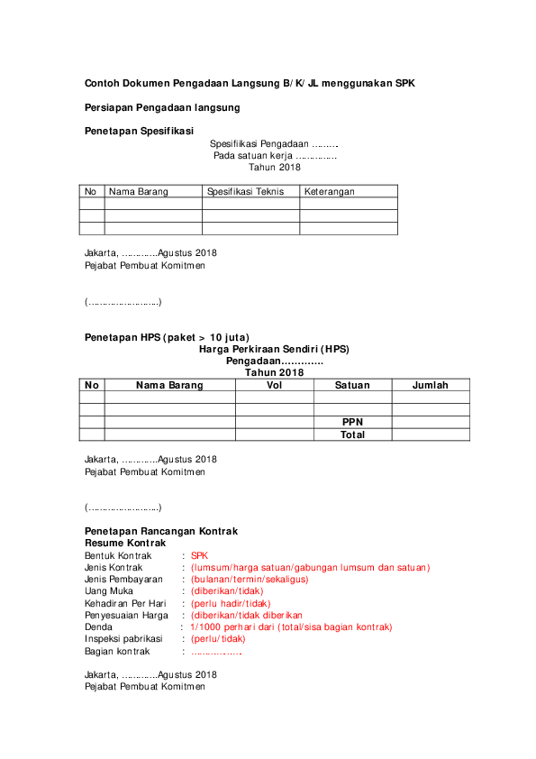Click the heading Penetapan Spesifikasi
pyautogui.click(x=139, y=131)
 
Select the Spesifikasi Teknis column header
pyautogui.click(x=246, y=191)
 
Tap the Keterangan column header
pyautogui.click(x=329, y=191)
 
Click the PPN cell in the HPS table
pyautogui.click(x=352, y=422)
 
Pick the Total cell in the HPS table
pyautogui.click(x=352, y=434)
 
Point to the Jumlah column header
pyautogui.click(x=431, y=385)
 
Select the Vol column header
pyautogui.click(x=275, y=385)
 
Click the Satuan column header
pyautogui.click(x=352, y=385)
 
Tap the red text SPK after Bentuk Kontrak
pyautogui.click(x=199, y=556)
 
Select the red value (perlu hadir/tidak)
pyautogui.click(x=231, y=603)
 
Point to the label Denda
pyautogui.click(x=98, y=626)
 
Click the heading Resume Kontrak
pyautogui.click(x=125, y=544)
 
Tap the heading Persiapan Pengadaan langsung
pyautogui.click(x=162, y=107)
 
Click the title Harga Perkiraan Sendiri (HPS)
pyautogui.click(x=274, y=349)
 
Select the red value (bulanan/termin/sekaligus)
pyautogui.click(x=250, y=580)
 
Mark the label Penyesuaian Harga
pyautogui.click(x=126, y=615)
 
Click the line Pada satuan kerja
pyautogui.click(x=275, y=155)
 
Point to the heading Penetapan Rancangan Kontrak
pyautogui.click(x=161, y=532)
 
